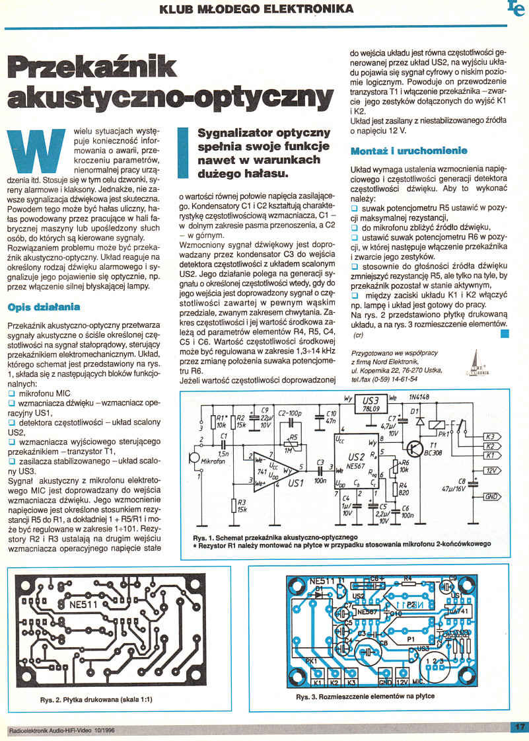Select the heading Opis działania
(x=44, y=307)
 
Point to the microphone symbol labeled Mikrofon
(x=195, y=457)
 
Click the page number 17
(x=518, y=727)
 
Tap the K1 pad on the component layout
(x=317, y=682)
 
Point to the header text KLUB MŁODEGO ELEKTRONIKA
(x=256, y=9)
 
